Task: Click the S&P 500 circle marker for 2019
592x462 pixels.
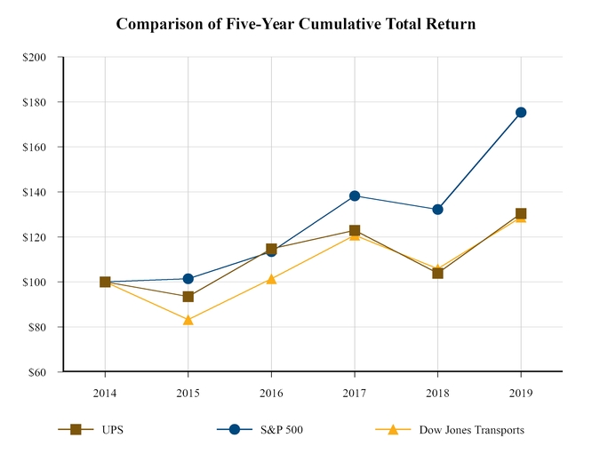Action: coord(521,112)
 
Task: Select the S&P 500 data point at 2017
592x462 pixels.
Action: coord(355,195)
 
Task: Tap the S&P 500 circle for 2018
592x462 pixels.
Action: coord(437,210)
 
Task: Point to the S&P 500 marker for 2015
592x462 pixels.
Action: coord(188,279)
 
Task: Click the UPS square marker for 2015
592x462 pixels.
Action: coord(188,296)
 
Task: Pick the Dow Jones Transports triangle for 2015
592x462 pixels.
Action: coord(188,320)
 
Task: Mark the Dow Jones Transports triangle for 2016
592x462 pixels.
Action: coord(271,279)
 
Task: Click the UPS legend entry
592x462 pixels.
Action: coord(112,430)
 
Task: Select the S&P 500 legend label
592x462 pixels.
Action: coord(281,430)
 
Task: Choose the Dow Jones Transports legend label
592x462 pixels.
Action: coord(471,430)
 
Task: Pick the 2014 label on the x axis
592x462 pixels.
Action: coord(105,391)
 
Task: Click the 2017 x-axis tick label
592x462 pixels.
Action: coord(355,391)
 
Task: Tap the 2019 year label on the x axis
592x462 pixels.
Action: coord(521,391)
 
